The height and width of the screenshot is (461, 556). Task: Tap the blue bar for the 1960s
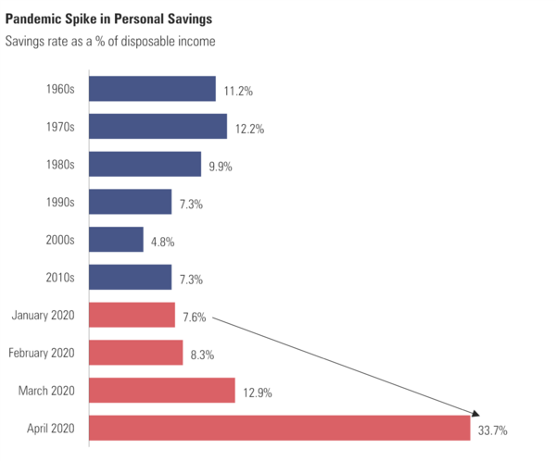(x=152, y=89)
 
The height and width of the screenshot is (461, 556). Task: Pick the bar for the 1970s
(x=158, y=127)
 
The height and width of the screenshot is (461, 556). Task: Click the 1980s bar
(x=145, y=165)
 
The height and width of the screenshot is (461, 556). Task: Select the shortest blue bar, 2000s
(x=116, y=240)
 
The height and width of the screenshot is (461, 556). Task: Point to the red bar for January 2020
(x=132, y=315)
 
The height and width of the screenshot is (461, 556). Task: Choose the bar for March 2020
(x=162, y=391)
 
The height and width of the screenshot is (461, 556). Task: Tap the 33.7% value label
(x=493, y=430)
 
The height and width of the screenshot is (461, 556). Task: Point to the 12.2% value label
(x=248, y=130)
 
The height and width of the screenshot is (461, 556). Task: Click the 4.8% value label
(x=162, y=243)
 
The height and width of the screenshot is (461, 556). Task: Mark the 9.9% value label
(x=221, y=168)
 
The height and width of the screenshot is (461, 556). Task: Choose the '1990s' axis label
(x=59, y=202)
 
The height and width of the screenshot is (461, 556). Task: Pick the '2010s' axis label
(x=59, y=277)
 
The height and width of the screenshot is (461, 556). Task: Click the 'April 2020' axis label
(x=51, y=429)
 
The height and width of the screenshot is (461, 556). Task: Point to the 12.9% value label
(x=257, y=392)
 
